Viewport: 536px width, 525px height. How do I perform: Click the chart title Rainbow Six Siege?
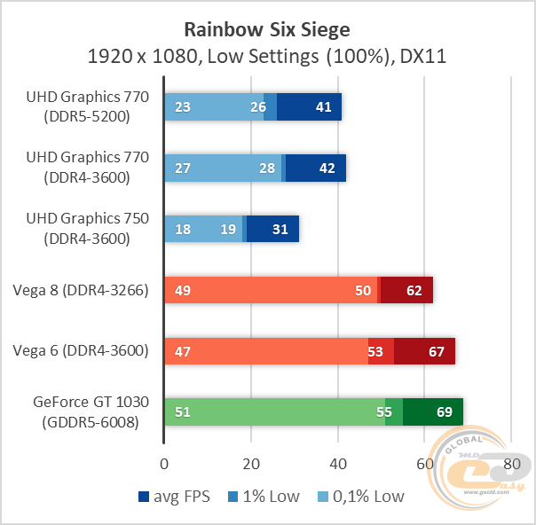coord(266,29)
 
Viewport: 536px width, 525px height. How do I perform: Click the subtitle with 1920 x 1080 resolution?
coord(266,58)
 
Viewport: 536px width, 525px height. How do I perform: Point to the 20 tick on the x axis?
coord(251,464)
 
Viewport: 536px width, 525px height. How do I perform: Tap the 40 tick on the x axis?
coord(338,464)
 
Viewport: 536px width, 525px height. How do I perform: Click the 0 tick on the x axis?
coord(164,464)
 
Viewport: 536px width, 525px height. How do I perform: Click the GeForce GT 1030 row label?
coord(86,412)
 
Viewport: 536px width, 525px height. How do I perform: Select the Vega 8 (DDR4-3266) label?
coord(81,290)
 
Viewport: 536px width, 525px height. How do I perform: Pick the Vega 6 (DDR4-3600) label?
coord(81,351)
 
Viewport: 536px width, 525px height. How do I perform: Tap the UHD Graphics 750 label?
coord(86,229)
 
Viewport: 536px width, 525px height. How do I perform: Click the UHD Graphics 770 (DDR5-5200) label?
coord(86,106)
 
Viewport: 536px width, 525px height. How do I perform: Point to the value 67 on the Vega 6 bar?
coord(436,351)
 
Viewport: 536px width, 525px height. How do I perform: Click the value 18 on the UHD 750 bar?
coord(184,229)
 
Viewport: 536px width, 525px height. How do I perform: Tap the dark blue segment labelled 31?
coord(280,229)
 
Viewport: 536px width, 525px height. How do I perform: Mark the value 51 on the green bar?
coord(184,412)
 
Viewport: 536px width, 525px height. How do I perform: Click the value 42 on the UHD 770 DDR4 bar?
coord(327,168)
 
